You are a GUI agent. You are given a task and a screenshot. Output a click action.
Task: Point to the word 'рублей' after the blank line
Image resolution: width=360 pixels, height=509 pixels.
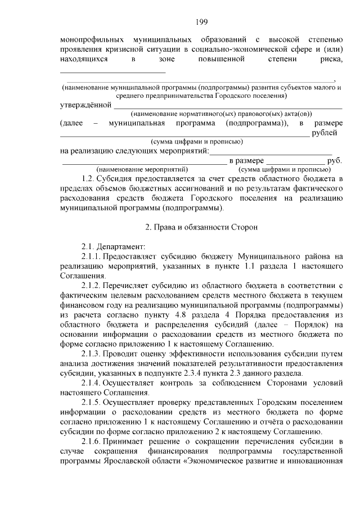pos(327,132)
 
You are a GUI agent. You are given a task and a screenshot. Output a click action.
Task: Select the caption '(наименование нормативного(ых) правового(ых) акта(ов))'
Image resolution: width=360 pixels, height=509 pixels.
pos(214,114)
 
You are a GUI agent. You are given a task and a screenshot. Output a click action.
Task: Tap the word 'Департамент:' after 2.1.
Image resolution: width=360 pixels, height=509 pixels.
pos(121,247)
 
